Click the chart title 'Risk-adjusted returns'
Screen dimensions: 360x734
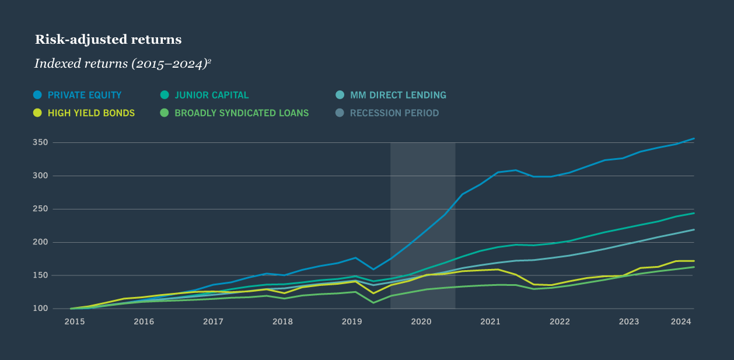pos(108,40)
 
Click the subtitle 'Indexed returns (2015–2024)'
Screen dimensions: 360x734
pos(121,64)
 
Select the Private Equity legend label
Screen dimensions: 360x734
pos(85,95)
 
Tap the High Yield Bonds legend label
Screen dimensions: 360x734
pos(91,113)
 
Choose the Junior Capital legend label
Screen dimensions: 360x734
pos(212,95)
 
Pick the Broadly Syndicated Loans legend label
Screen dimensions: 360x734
pos(242,113)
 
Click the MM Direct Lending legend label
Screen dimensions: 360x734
pos(398,95)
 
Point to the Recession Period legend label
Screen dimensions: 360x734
pos(394,113)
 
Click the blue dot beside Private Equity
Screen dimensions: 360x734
pos(38,95)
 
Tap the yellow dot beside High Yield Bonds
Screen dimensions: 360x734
pos(38,113)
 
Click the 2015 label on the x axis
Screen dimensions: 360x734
pos(74,321)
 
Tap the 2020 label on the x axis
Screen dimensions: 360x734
pos(421,321)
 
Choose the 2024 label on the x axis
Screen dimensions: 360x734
pos(681,321)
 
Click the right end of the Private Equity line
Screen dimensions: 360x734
pos(694,138)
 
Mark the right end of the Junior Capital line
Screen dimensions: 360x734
pos(694,213)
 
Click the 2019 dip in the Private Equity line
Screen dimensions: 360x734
pos(373,269)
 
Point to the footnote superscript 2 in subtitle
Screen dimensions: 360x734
pos(209,60)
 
